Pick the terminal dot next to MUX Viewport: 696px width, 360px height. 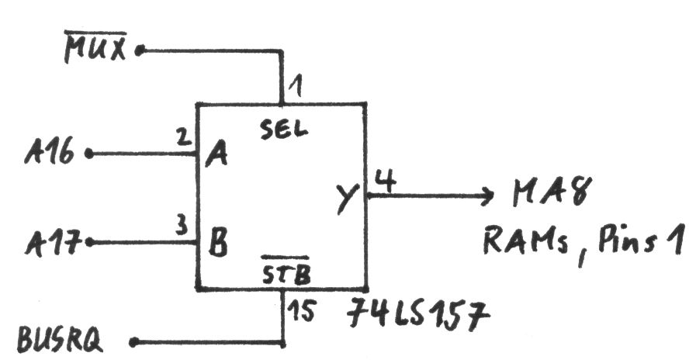point(140,51)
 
